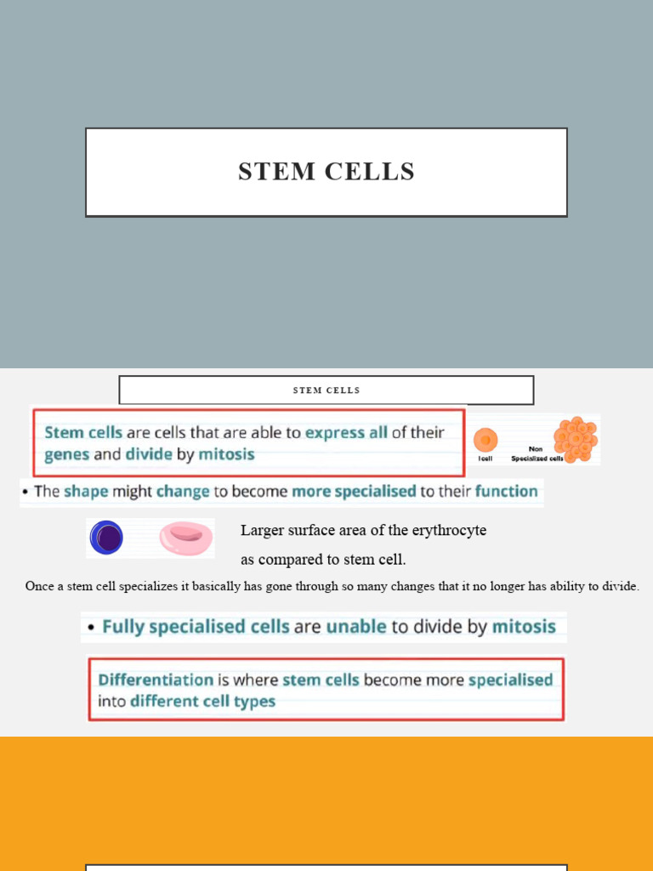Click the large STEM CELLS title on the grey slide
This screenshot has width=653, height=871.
326,172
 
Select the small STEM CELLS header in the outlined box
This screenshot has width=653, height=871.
326,390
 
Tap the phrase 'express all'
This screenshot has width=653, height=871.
346,432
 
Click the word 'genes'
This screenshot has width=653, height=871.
66,454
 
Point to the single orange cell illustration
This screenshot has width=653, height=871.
485,439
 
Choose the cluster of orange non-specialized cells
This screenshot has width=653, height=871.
576,438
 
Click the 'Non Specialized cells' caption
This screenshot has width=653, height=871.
536,454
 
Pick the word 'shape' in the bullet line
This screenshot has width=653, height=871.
86,492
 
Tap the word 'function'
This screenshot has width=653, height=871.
506,492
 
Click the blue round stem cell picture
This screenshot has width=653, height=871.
106,538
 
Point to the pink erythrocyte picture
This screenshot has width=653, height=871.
186,538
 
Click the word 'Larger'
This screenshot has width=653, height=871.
260,531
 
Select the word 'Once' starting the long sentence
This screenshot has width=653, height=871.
39,586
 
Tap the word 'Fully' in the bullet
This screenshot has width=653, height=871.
122,628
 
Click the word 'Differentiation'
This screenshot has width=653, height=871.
156,680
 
